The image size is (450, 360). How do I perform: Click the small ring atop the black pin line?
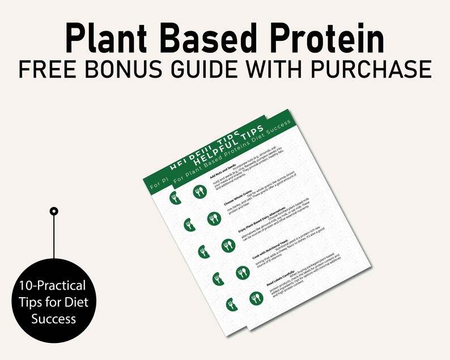[54, 211]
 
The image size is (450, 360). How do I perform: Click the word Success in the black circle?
[53, 319]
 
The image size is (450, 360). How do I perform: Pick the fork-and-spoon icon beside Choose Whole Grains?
[213, 218]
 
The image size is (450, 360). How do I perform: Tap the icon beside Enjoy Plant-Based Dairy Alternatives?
[228, 245]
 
